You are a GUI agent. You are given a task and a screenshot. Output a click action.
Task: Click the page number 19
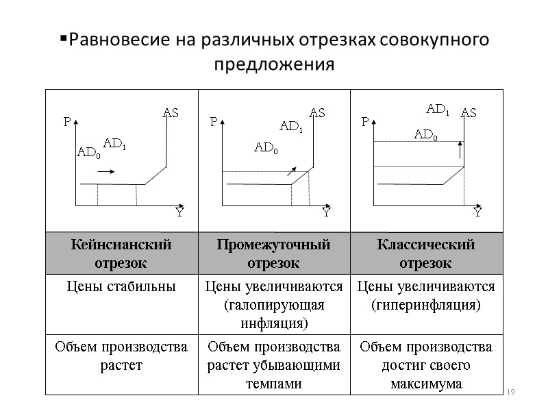coord(509,391)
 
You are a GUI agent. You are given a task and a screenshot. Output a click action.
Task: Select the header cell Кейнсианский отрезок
coord(121,253)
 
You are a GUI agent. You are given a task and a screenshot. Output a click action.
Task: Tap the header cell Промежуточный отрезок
coord(273,253)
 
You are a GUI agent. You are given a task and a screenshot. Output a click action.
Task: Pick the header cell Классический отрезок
coord(425,253)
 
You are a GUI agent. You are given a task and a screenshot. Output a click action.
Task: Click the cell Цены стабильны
coord(121,286)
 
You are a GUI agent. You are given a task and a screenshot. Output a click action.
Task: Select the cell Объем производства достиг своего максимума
coord(425,365)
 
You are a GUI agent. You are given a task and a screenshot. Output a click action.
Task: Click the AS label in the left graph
coord(170,112)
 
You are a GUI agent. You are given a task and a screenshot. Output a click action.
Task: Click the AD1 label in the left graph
coord(114,143)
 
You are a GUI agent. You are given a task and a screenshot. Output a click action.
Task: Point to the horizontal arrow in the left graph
coord(106,173)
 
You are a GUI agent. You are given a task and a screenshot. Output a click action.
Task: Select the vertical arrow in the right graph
coord(460,150)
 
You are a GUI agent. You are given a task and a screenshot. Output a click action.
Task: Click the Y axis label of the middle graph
coord(327,213)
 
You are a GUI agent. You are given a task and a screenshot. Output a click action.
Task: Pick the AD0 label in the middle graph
coord(266,147)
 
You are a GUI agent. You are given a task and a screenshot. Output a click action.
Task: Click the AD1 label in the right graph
coord(438,108)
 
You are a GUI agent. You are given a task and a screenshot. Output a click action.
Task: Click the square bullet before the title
coord(63,37)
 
